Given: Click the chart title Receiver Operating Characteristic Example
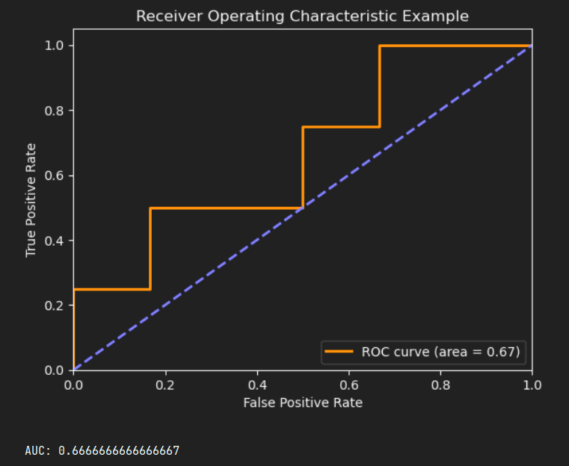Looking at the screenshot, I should [302, 16].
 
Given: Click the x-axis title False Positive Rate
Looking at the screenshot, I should [302, 403].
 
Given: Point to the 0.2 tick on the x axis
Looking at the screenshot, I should [165, 385].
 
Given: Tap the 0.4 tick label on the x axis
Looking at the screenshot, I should [257, 385].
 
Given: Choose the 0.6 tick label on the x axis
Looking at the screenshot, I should [348, 385].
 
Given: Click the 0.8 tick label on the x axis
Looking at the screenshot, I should [440, 385].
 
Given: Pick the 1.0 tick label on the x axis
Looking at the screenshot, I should [532, 385].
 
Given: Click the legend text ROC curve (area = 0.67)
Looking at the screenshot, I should [440, 351].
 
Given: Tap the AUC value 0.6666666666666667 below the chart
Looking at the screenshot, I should [119, 450].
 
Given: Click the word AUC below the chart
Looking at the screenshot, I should [37, 450].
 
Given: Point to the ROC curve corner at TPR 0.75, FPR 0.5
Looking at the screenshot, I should [303, 127].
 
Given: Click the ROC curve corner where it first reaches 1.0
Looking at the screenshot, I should [379, 46].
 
